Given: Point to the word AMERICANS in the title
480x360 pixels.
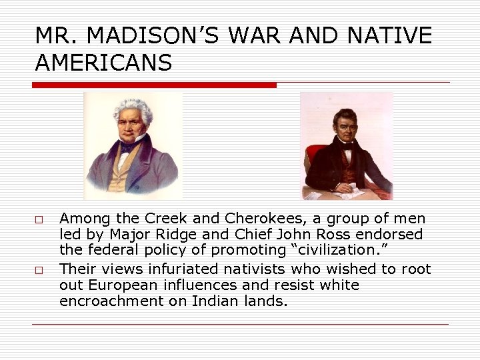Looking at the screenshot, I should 103,63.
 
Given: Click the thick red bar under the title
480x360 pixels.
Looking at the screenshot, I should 154,85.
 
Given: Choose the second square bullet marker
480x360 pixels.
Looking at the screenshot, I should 39,271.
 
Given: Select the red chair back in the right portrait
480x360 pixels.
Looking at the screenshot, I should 311,160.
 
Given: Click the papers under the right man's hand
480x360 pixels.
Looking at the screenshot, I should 352,192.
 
